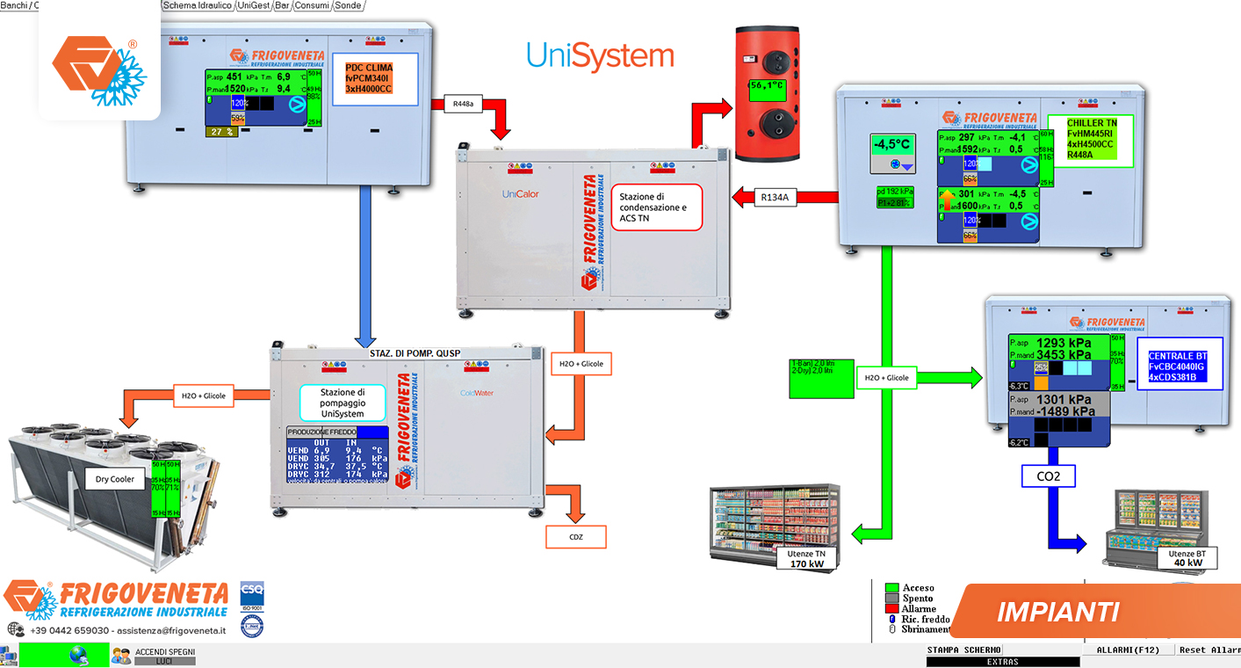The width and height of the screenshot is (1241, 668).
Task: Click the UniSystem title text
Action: [600, 55]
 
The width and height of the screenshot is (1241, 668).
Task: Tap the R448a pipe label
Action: [464, 103]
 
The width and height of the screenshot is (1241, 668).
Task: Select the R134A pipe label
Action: [774, 198]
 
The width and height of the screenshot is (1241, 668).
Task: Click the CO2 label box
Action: [1049, 476]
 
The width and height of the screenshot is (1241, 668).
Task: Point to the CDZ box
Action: [575, 536]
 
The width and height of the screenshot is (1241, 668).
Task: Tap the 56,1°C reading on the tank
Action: [767, 86]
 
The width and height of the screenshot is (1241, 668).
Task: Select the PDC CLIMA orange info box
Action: [369, 78]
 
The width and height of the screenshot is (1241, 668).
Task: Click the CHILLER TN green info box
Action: [1089, 138]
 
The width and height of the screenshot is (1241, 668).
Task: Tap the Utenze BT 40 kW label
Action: [1187, 558]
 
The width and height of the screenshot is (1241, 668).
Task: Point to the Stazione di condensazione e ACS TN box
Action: [656, 207]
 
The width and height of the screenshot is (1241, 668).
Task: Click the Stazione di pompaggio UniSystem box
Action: [342, 403]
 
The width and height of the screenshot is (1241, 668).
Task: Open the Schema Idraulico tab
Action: [198, 5]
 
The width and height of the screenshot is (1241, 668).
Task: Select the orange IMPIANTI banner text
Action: [1058, 611]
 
